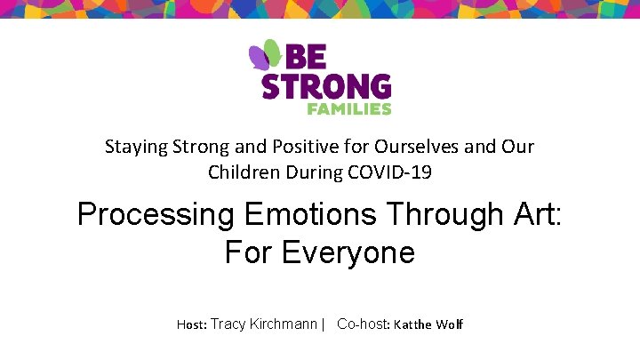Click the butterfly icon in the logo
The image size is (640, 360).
(265, 56)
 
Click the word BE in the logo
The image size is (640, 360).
(305, 57)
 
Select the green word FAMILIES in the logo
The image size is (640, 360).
(349, 108)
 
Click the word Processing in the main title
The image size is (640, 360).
(153, 216)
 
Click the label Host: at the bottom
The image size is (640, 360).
(191, 325)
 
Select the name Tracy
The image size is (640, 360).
(228, 324)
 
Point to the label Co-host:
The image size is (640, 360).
(364, 324)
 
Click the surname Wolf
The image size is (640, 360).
(450, 325)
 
